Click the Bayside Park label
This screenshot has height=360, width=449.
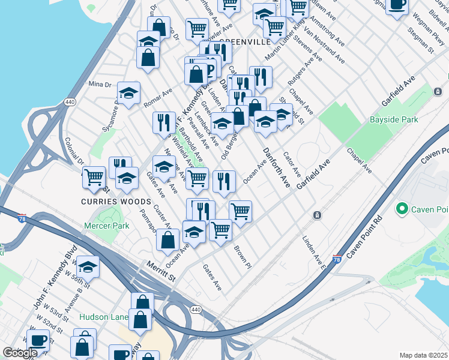[394, 120]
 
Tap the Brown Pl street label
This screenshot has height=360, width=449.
[241, 257]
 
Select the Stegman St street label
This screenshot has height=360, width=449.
[420, 40]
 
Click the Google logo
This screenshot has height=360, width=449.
[20, 353]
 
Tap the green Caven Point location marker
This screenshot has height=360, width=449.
[400, 209]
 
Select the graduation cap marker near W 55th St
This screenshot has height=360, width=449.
[88, 265]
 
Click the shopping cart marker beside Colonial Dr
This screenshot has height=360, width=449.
[94, 176]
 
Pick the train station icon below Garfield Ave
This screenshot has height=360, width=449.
[316, 215]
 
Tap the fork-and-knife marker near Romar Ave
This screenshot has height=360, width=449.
[164, 122]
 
